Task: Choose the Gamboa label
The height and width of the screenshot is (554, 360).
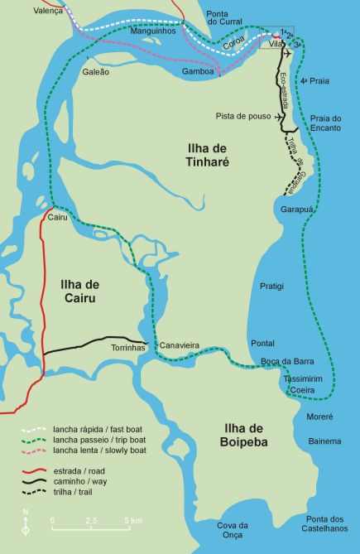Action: pyautogui.click(x=199, y=72)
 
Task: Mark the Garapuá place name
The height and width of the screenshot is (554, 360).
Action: pyautogui.click(x=295, y=210)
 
